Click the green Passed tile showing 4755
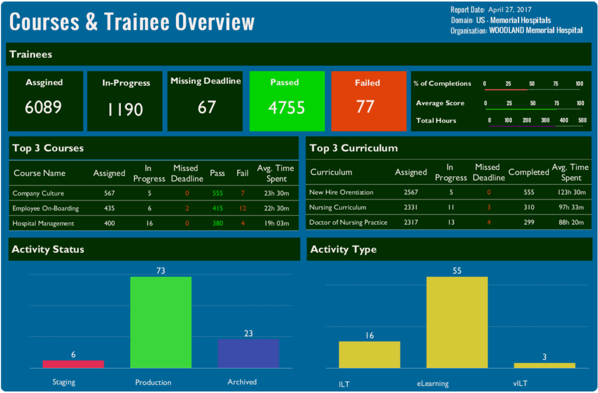(286, 102)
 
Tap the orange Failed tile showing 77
(368, 102)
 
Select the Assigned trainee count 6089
(44, 107)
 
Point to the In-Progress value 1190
(125, 109)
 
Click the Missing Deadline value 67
(206, 107)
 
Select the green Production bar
(161, 322)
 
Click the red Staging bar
(73, 364)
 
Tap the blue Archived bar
(248, 353)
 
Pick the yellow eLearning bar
(457, 322)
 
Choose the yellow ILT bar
(369, 354)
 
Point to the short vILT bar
(544, 365)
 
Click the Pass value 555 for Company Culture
(218, 193)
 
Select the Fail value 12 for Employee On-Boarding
(242, 208)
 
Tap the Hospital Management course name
(43, 223)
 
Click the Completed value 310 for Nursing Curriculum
(529, 207)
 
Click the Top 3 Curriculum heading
(353, 148)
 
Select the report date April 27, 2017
(510, 10)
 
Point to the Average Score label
(440, 103)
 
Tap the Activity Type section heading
(343, 249)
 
